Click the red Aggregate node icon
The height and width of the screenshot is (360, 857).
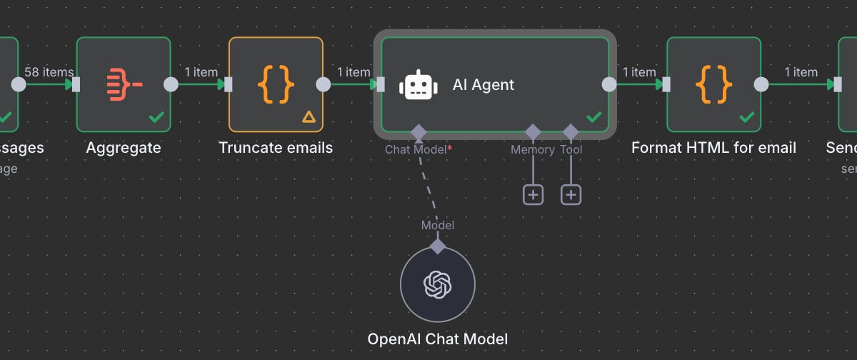(124, 84)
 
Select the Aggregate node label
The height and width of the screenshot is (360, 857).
(124, 148)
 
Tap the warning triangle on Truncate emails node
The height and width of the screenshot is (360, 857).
(309, 116)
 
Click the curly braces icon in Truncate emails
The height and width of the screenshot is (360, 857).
(276, 84)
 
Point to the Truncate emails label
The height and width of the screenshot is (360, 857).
(276, 148)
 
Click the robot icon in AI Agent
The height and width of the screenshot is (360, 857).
(419, 85)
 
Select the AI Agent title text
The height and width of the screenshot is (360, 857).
(483, 84)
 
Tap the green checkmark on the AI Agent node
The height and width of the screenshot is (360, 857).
(594, 116)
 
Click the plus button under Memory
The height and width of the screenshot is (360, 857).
(533, 194)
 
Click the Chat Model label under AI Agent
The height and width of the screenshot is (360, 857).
(416, 149)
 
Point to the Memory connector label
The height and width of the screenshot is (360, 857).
(532, 149)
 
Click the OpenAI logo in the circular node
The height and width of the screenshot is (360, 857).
(438, 284)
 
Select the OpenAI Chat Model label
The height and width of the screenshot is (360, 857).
(438, 339)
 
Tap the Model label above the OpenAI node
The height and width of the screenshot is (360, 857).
(438, 225)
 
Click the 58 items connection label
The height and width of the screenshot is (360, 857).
(49, 72)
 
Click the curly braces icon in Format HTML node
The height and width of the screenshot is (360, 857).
(714, 84)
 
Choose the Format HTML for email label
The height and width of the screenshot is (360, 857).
(714, 148)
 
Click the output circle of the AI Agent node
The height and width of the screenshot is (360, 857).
(609, 84)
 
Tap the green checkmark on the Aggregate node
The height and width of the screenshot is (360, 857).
(156, 116)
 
